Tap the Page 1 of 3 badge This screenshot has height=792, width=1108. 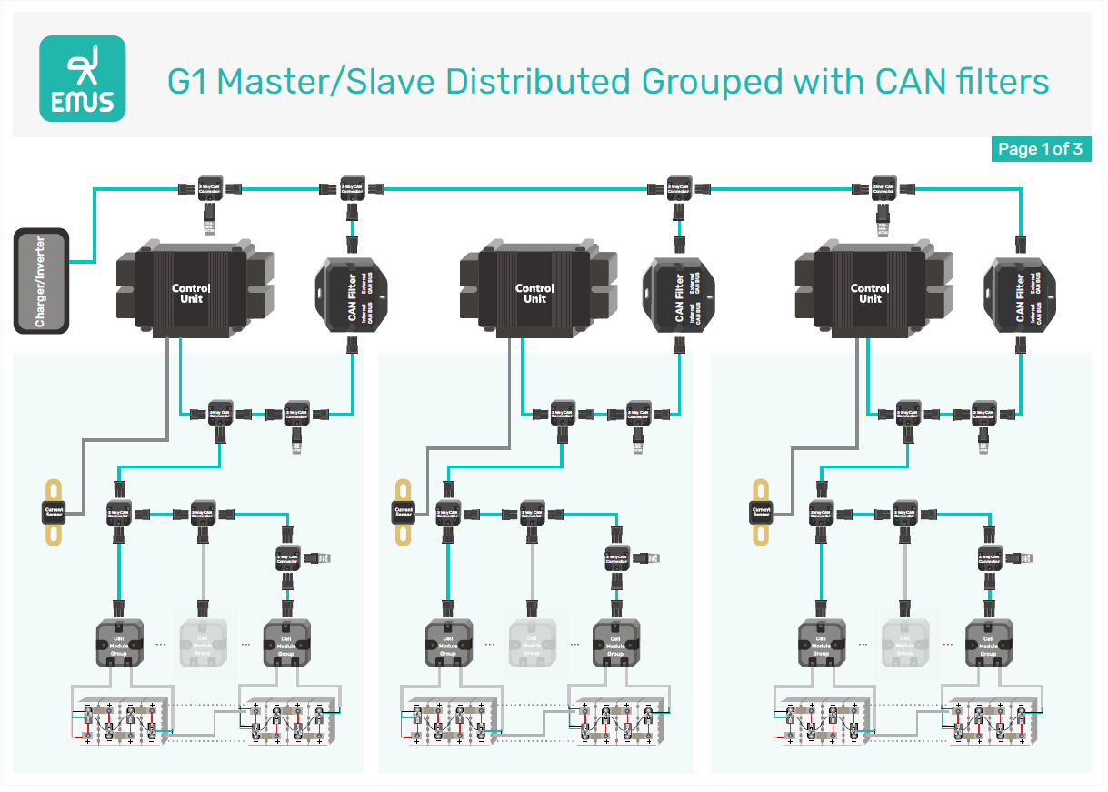(x=1040, y=149)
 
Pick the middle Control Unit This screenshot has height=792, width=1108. (x=534, y=292)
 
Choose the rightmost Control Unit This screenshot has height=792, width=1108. (x=870, y=292)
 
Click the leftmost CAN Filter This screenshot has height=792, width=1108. (x=354, y=295)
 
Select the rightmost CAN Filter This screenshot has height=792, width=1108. (x=1022, y=295)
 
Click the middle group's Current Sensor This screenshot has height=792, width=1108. (x=404, y=511)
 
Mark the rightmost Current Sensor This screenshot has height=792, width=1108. (x=762, y=511)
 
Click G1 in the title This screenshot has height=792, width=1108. (x=188, y=82)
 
